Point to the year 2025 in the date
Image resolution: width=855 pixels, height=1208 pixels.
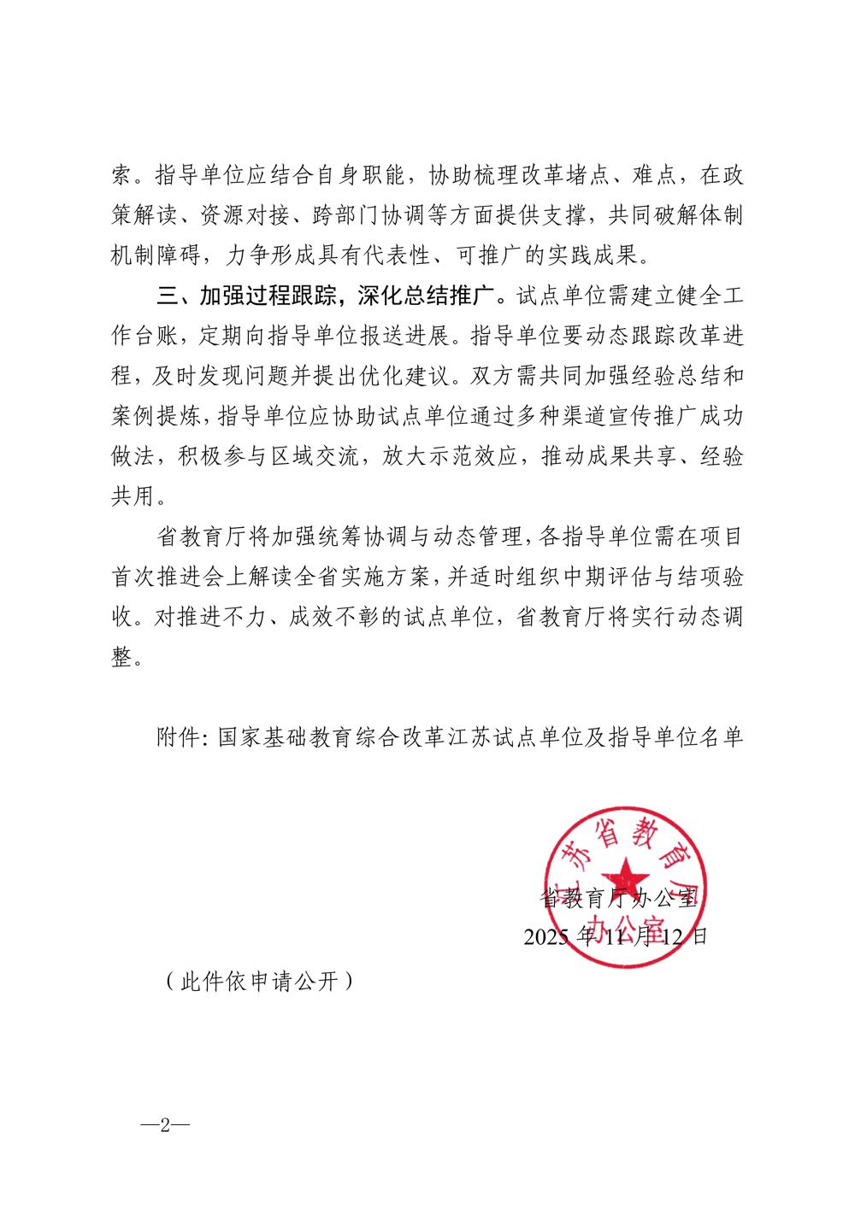[550, 936]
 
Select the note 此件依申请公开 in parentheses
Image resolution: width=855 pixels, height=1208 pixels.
[257, 982]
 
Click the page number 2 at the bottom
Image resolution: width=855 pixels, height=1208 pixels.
[166, 1125]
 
